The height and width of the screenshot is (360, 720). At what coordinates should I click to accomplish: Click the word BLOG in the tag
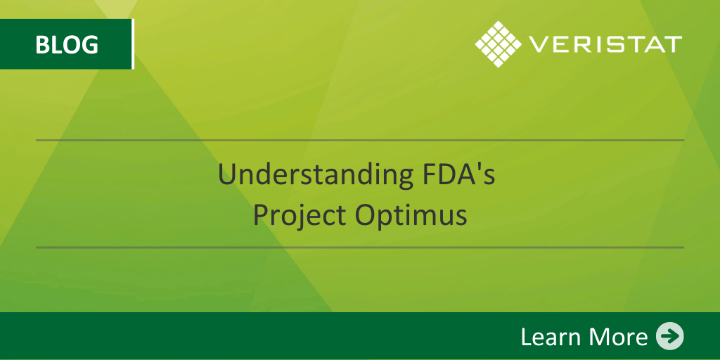click(x=67, y=44)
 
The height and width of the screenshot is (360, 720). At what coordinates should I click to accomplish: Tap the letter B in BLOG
click(x=42, y=44)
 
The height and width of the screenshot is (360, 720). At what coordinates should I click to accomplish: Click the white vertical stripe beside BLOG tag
click(x=133, y=44)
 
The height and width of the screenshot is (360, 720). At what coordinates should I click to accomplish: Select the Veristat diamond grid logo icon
click(x=499, y=44)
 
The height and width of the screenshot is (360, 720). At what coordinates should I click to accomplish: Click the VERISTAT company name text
click(x=605, y=44)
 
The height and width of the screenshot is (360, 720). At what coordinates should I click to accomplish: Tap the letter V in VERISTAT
click(x=538, y=44)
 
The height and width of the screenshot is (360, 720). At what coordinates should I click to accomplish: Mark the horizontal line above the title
click(x=360, y=141)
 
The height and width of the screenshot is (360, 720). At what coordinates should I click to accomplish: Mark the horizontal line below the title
click(x=360, y=247)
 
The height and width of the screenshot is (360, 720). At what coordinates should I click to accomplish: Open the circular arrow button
click(x=670, y=336)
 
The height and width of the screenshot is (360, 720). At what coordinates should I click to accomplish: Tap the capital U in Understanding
click(x=227, y=175)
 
